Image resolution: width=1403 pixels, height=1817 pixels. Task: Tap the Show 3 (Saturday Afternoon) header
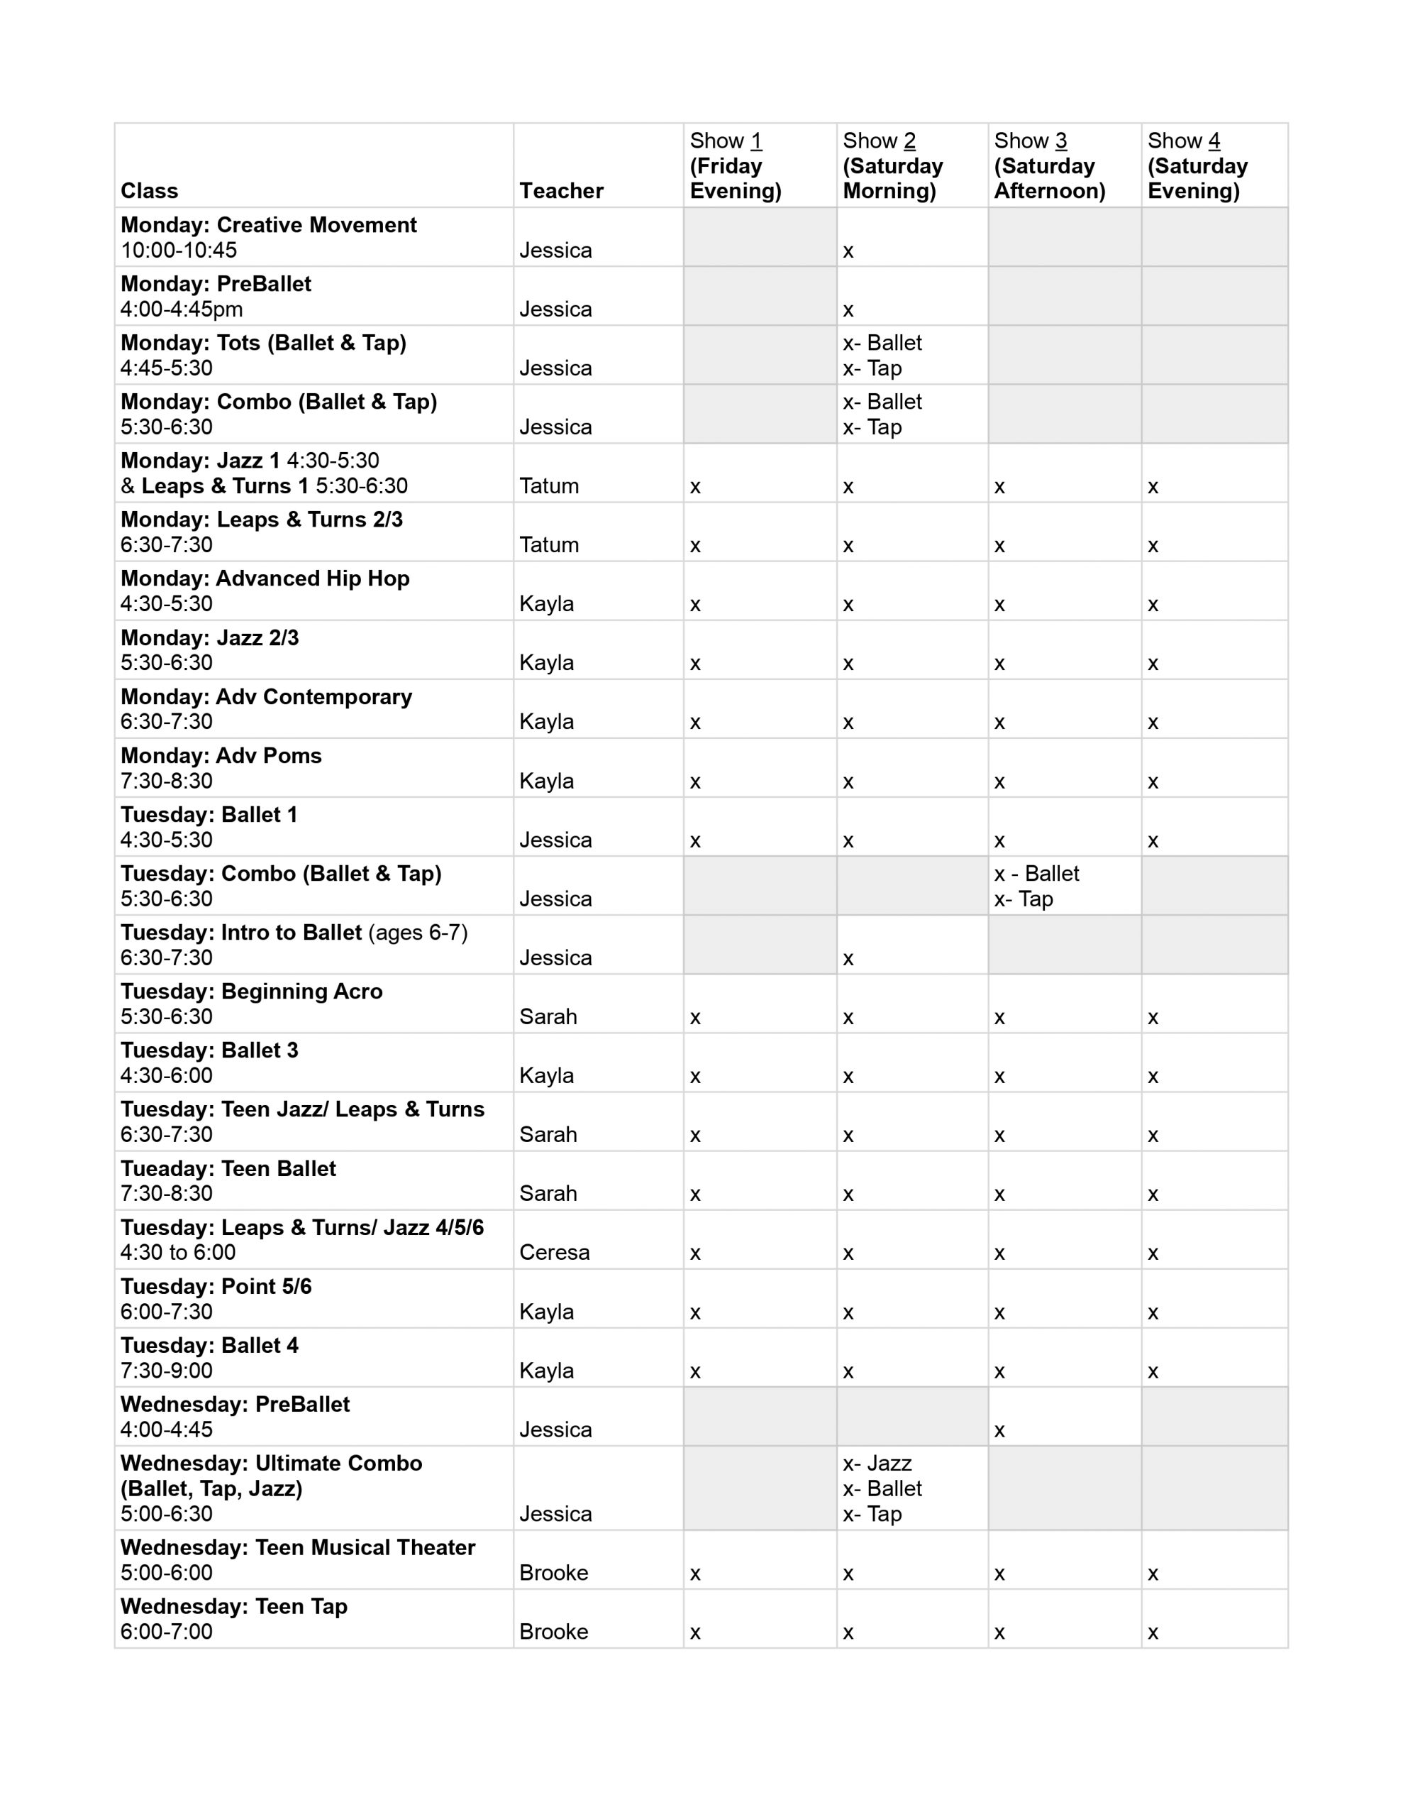click(x=1049, y=165)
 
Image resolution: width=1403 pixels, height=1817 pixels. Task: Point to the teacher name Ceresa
click(x=554, y=1252)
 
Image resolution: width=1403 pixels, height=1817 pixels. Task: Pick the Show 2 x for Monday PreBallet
click(x=848, y=310)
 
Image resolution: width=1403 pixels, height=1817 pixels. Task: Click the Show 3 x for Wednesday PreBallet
click(x=999, y=1431)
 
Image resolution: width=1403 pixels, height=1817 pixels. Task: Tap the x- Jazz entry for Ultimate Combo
click(x=877, y=1464)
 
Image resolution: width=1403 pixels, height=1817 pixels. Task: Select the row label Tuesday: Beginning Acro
click(x=251, y=991)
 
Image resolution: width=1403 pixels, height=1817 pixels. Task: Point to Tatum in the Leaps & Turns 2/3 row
click(x=549, y=545)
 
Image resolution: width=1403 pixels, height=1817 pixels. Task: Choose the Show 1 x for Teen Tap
click(x=695, y=1633)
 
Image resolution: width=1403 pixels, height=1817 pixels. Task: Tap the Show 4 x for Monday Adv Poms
click(x=1152, y=782)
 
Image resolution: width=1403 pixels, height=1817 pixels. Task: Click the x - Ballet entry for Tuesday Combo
click(x=1036, y=874)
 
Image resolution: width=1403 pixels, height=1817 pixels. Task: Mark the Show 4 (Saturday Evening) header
click(x=1197, y=165)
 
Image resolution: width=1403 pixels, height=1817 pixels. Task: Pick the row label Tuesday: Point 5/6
click(x=216, y=1286)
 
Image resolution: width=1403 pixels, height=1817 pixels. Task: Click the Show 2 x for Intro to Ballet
click(x=848, y=960)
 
